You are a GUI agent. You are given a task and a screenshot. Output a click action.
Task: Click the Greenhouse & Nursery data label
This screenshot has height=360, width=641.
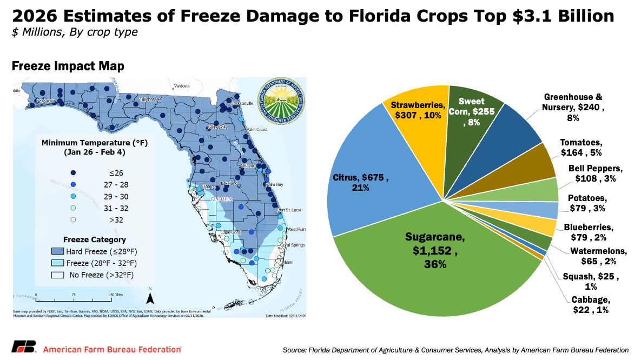click(572, 107)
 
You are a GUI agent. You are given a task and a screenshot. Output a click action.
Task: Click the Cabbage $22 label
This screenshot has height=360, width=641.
click(591, 304)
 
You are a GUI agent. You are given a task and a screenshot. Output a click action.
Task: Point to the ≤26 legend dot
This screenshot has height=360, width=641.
click(72, 173)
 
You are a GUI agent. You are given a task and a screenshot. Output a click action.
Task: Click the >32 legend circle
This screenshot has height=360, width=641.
click(72, 219)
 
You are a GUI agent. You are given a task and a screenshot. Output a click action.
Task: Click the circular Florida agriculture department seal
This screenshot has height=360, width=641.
click(281, 101)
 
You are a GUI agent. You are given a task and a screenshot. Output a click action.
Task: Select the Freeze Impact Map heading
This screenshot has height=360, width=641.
click(68, 66)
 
